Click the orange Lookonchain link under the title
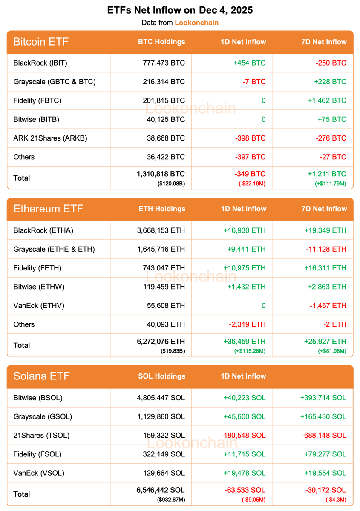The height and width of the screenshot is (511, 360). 196,23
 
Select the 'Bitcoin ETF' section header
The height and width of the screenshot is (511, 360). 41,42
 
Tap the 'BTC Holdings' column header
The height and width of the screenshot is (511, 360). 161,42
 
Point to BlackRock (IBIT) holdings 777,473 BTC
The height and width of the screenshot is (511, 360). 164,63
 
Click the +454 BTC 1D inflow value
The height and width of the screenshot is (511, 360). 249,63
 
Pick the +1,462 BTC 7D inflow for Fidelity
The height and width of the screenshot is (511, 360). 327,100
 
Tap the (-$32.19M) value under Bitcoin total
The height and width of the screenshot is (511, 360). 251,183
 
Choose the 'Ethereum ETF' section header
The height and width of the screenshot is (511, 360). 48,209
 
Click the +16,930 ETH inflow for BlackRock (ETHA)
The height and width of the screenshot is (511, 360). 245,230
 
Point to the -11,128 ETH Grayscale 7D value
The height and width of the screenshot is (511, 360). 325,249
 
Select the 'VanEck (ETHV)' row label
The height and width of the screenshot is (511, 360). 39,305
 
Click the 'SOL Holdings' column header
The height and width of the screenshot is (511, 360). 162,376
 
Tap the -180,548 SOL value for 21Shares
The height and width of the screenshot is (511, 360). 244,435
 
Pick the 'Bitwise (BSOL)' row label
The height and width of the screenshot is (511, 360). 38,398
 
